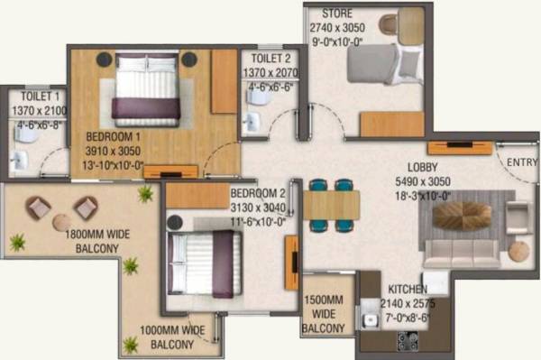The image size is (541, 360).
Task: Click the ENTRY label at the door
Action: [521, 162]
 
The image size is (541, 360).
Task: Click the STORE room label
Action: [337, 14]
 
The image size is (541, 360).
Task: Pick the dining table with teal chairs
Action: [331, 206]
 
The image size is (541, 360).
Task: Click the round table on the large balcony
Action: [61, 222]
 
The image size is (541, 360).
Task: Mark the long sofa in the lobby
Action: [461, 252]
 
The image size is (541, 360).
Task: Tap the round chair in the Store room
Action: [389, 24]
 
